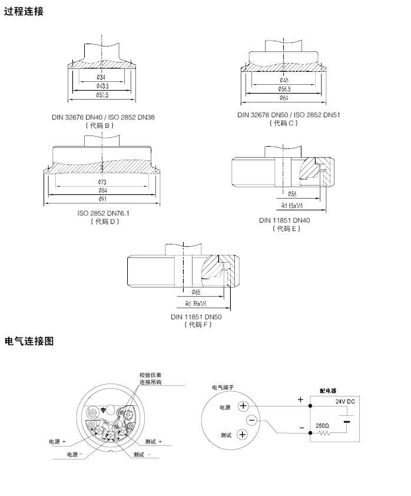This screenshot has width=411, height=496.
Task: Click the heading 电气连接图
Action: (29, 341)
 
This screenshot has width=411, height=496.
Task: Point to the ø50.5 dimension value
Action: (102, 95)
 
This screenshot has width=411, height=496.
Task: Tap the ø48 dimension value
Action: (284, 80)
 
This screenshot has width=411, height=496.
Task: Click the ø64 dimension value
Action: (284, 97)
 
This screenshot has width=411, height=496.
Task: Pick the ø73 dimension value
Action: (102, 182)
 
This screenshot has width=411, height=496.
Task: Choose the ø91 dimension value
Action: (102, 199)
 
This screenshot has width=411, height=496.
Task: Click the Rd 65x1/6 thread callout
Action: (292, 206)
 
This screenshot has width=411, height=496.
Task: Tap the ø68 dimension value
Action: (196, 292)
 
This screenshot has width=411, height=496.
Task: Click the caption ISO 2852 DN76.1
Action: (103, 213)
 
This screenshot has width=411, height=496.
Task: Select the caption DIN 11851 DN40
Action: (284, 220)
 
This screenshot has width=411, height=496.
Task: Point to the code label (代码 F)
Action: (196, 325)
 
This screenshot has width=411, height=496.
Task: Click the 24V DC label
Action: (346, 401)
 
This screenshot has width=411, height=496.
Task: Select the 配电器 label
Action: (328, 390)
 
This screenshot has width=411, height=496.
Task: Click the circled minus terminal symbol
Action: (251, 420)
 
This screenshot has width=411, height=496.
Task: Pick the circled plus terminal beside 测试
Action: (243, 434)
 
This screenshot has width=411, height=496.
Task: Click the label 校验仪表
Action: (150, 375)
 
